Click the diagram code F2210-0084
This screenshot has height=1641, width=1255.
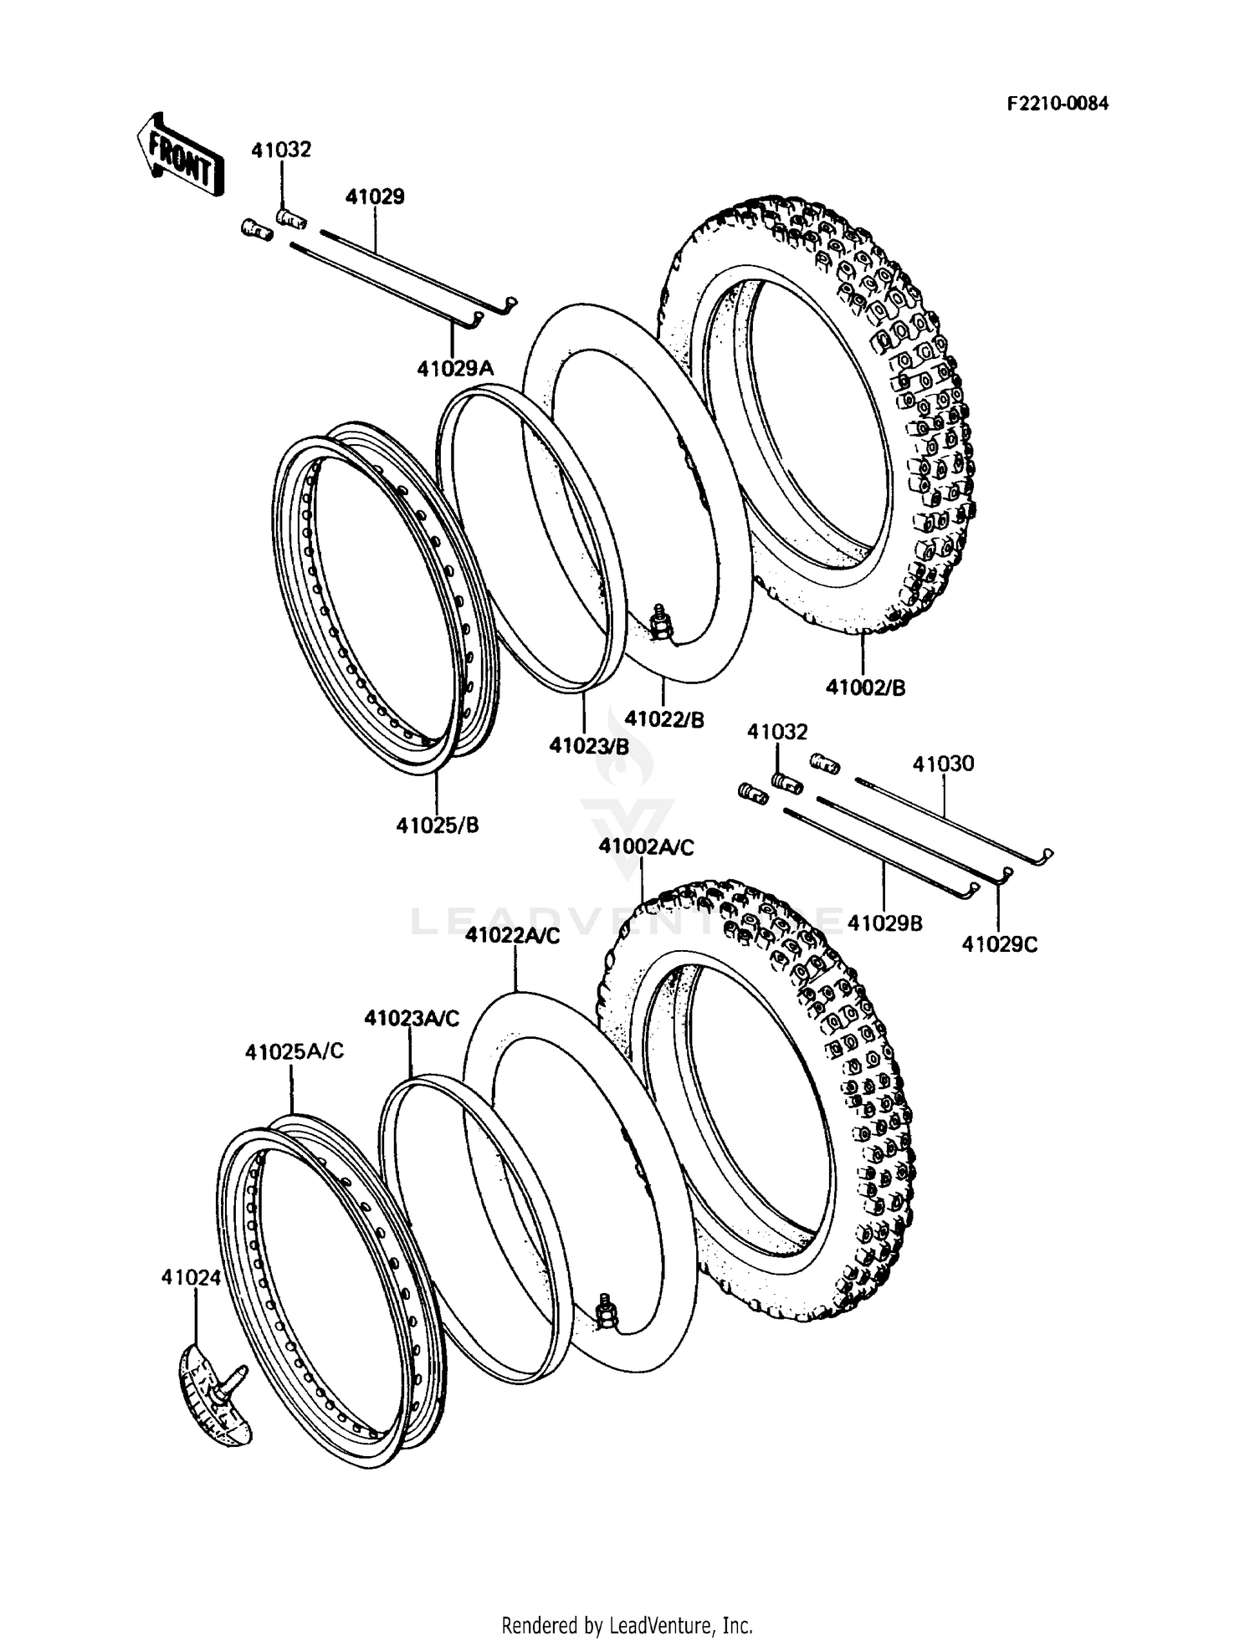(x=1057, y=104)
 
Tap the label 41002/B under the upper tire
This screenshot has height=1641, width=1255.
(x=865, y=688)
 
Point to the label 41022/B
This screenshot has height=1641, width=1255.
(x=664, y=718)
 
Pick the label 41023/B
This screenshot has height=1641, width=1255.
(x=588, y=745)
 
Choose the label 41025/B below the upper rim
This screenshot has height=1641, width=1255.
(x=438, y=825)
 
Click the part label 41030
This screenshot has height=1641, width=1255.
(x=943, y=764)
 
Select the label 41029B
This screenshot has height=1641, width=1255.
(x=884, y=923)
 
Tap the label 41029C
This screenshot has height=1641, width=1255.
(x=999, y=944)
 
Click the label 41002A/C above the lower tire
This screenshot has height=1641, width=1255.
(x=646, y=847)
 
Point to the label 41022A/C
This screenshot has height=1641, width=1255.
(x=512, y=936)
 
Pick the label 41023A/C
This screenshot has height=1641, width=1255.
(x=412, y=1018)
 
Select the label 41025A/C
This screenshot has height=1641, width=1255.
(x=295, y=1051)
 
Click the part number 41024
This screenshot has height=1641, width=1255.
(x=192, y=1277)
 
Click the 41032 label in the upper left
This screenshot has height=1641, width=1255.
(x=281, y=150)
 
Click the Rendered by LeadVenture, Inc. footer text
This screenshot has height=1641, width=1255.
(x=627, y=1625)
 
